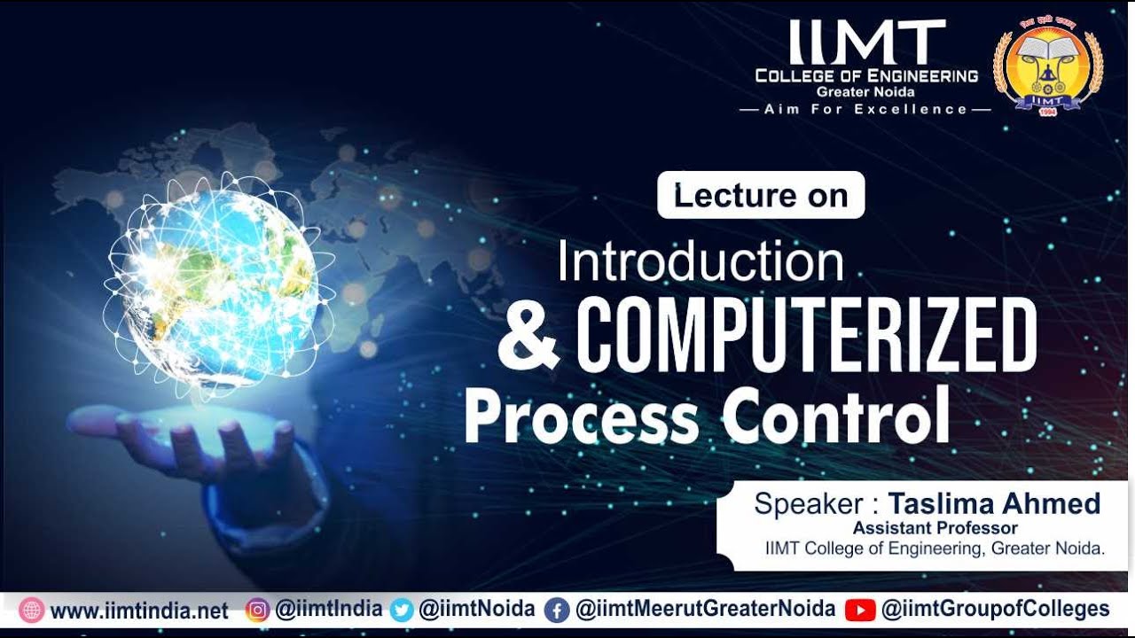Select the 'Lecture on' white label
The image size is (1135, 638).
pos(760,195)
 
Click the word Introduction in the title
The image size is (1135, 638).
pos(701,261)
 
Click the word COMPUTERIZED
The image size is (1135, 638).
pos(807,335)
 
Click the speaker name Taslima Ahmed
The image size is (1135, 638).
pos(994,504)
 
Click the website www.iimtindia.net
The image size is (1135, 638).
pos(139,611)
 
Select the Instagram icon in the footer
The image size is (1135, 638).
pos(257,611)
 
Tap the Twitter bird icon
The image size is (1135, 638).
pos(402,611)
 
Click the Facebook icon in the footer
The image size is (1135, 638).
pos(556,611)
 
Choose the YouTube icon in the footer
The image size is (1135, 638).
pos(860,611)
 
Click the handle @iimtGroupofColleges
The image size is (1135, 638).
pos(995,610)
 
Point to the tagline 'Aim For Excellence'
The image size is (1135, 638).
pos(865,109)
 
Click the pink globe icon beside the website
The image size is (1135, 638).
pos(31,611)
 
